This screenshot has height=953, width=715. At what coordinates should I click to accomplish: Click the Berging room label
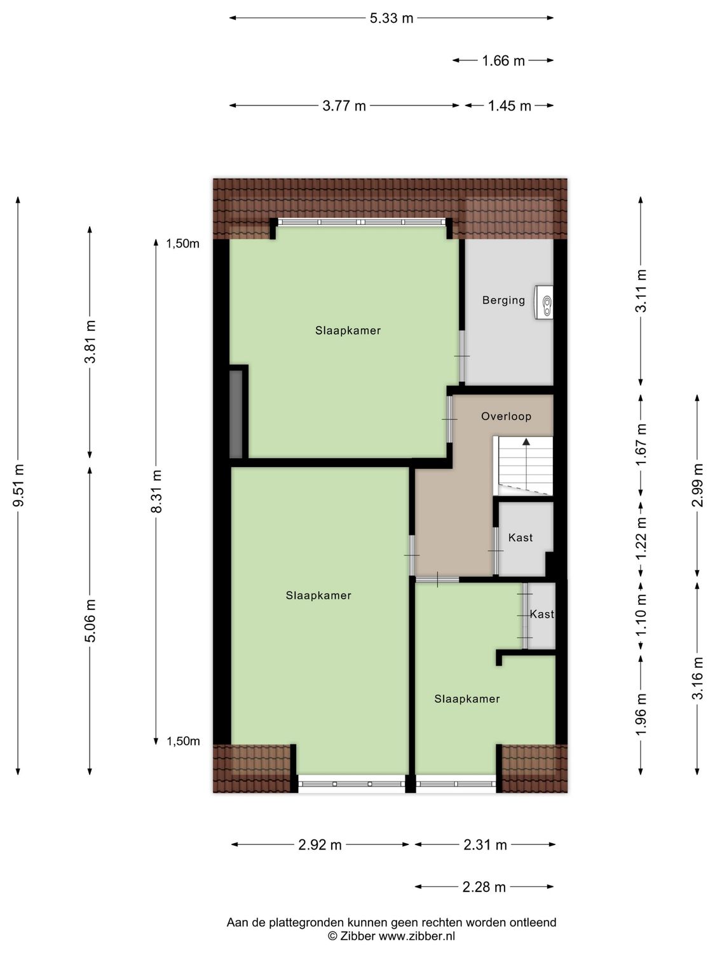503,301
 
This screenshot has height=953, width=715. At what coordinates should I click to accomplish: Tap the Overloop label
506,417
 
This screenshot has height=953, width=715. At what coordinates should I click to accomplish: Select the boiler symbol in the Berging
544,302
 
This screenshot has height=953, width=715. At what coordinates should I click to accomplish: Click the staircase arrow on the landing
526,442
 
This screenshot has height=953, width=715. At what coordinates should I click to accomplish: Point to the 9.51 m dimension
18,485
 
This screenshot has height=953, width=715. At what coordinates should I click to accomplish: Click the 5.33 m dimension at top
392,18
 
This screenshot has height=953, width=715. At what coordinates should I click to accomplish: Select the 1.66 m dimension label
503,61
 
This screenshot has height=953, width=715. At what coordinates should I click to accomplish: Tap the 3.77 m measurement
344,106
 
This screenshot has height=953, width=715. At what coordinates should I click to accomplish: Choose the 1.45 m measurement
509,106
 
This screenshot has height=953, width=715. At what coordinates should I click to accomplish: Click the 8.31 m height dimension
157,490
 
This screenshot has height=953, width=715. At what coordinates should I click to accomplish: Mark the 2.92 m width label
320,845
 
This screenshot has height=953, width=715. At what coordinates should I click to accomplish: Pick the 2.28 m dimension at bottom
484,887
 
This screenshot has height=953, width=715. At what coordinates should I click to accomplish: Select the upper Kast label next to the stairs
521,538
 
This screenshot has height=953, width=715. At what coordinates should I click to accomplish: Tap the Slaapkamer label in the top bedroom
348,330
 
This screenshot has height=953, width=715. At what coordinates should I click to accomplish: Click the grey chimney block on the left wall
236,414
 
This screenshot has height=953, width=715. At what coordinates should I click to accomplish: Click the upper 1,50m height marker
182,243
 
